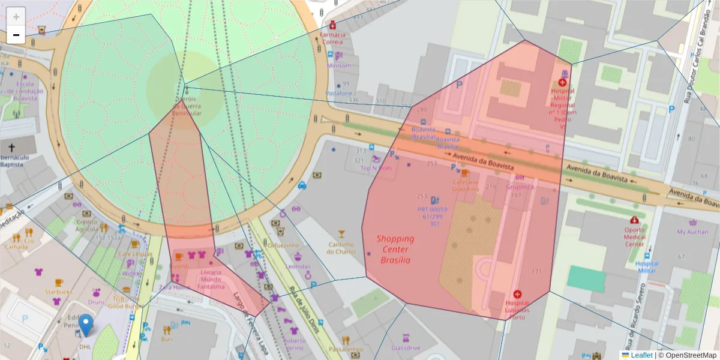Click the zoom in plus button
pyautogui.click(x=16, y=17)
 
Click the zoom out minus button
pyautogui.click(x=16, y=35)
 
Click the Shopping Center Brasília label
pyautogui.click(x=395, y=249)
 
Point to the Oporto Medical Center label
pyautogui.click(x=634, y=236)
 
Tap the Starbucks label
pyautogui.click(x=58, y=292)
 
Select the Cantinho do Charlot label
pyautogui.click(x=341, y=248)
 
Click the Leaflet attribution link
pyautogui.click(x=641, y=355)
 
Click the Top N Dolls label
pyautogui.click(x=376, y=169)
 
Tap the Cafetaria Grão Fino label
pyautogui.click(x=465, y=185)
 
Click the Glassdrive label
pyautogui.click(x=406, y=347)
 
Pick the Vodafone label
pyautogui.click(x=338, y=94)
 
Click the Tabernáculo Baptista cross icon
pyautogui.click(x=12, y=147)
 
